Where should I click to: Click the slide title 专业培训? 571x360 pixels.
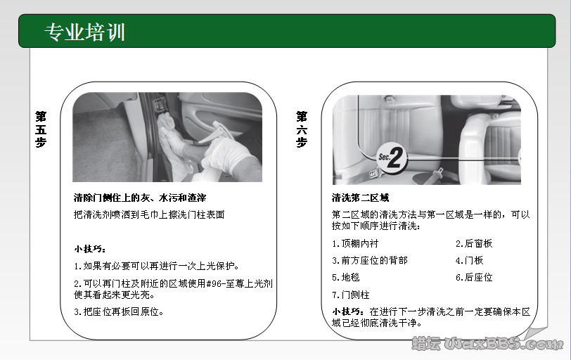[x=84, y=32]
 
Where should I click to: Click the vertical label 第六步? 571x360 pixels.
[x=302, y=128]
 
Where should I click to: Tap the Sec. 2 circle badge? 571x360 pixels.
[x=392, y=159]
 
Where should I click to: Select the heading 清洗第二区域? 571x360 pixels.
[x=360, y=198]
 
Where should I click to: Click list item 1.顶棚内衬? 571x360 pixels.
[x=355, y=243]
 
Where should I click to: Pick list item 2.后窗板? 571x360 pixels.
[x=474, y=243]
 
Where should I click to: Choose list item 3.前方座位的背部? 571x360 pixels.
[x=369, y=260]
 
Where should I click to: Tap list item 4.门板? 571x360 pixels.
[x=469, y=260]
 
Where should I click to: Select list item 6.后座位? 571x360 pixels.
[x=474, y=277]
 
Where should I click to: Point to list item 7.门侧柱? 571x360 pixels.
[x=350, y=295]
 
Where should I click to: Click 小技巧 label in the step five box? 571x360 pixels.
[x=89, y=249]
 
